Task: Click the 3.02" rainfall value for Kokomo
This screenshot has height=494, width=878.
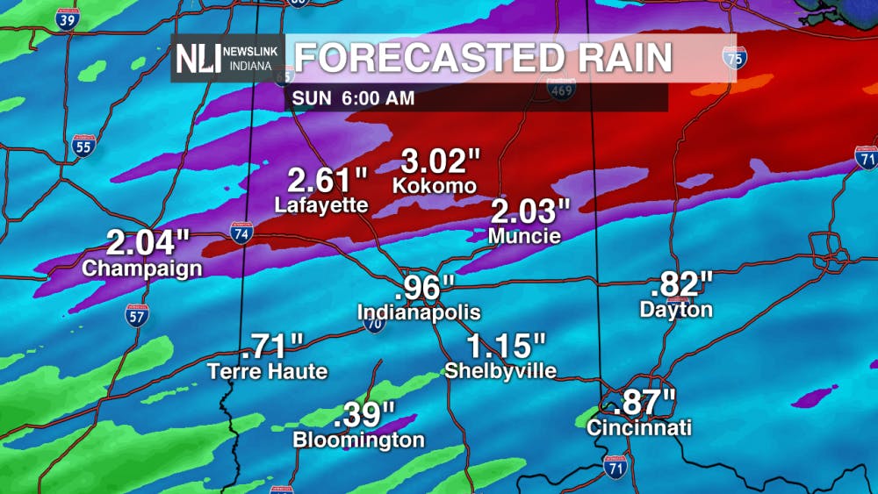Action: [x=442, y=161]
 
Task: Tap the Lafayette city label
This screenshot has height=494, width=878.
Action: [x=320, y=205]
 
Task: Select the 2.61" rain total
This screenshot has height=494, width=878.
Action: [x=327, y=182]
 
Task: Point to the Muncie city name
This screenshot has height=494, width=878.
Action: [x=524, y=235]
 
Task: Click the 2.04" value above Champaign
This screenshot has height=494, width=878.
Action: [x=148, y=242]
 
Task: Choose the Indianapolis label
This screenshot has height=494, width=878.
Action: [x=419, y=312]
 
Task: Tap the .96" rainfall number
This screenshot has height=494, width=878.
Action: [x=425, y=288]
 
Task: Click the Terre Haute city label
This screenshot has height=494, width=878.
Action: [x=268, y=371]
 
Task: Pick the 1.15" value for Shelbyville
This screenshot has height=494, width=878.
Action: [x=507, y=345]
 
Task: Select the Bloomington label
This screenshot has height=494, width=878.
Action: [x=358, y=440]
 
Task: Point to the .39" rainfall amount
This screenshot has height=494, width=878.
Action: [x=364, y=413]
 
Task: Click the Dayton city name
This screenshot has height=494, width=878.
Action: [x=676, y=309]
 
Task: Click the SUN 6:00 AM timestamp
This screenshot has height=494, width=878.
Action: [x=354, y=98]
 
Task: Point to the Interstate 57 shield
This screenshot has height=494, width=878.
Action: [x=138, y=316]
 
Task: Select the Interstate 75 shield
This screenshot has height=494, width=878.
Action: [x=734, y=59]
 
